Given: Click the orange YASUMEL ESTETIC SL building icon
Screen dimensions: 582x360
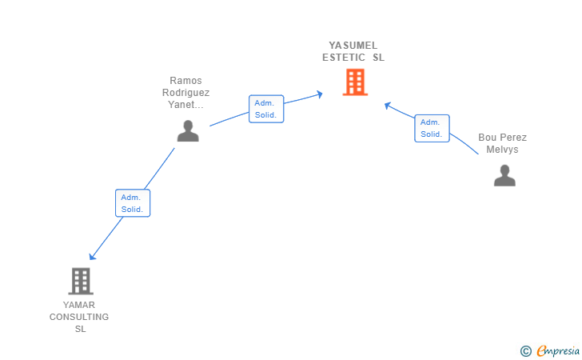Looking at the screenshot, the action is [355, 82].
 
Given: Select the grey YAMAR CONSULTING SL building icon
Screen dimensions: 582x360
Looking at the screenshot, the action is [81, 282].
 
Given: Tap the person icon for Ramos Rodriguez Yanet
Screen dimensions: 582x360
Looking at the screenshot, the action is [188, 130].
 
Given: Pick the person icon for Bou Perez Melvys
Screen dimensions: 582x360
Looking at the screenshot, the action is [504, 175].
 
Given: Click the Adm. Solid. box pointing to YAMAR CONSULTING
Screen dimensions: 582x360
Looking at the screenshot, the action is [133, 203].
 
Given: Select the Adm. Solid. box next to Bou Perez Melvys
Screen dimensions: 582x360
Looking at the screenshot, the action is [432, 128].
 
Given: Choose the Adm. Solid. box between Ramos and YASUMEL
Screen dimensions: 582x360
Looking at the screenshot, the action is [266, 109].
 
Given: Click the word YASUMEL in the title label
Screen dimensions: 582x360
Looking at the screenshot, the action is [353, 46].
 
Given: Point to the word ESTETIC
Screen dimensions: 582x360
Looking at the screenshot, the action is [344, 58].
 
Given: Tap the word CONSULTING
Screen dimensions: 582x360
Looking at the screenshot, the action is [79, 317].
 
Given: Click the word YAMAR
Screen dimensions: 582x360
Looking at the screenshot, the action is [79, 305].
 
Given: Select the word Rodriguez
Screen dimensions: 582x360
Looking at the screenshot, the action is [186, 93].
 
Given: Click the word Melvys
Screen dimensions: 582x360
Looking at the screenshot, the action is [502, 150].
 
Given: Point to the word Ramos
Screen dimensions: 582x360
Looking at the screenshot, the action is [185, 81].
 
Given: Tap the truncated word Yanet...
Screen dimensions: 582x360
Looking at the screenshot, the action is [185, 105].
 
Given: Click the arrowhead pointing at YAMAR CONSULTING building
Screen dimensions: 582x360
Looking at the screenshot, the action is [92, 256].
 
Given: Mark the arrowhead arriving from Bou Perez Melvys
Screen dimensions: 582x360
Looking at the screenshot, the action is [388, 106].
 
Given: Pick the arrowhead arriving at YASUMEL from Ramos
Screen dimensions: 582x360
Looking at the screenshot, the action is [320, 94].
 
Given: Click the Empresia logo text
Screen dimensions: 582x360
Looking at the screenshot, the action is [558, 350].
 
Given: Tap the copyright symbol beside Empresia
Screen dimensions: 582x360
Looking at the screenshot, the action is [526, 351].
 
